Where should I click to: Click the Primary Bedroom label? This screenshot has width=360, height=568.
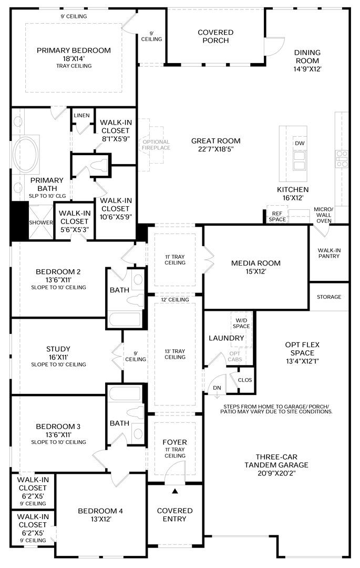click(74, 50)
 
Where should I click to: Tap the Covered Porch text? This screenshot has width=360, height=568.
click(215, 36)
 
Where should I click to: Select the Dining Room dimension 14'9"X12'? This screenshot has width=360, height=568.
click(307, 69)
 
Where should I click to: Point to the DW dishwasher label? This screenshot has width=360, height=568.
click(300, 144)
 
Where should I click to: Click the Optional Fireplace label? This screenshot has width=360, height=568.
click(156, 145)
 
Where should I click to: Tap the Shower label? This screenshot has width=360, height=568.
click(41, 222)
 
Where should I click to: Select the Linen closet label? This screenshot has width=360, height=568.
click(81, 115)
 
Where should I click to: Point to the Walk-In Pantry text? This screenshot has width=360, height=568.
click(329, 252)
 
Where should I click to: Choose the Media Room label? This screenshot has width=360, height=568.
click(256, 263)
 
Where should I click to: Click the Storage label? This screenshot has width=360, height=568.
click(329, 297)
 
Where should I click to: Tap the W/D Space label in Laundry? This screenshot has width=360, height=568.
click(242, 323)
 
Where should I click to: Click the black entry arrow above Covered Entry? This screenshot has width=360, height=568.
click(176, 491)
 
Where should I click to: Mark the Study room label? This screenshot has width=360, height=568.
click(58, 349)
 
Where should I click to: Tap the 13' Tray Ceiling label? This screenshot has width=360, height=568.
click(175, 353)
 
